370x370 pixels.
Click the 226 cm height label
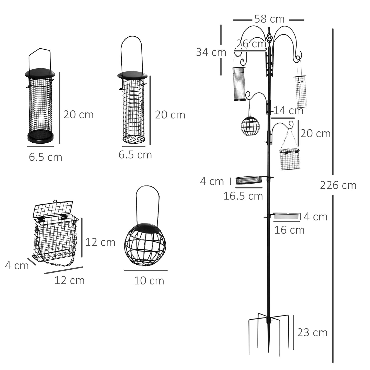(338, 185)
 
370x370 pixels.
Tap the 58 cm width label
(269, 19)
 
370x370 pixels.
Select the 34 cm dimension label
(211, 52)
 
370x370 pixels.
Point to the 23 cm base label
(312, 332)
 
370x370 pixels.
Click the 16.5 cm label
(243, 196)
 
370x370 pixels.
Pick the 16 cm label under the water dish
(289, 230)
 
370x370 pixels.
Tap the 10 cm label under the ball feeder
(149, 281)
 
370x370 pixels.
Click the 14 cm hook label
(288, 111)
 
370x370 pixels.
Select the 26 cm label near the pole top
(251, 44)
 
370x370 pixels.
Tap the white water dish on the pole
(286, 216)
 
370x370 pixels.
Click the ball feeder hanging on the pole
(250, 125)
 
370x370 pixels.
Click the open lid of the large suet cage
(53, 209)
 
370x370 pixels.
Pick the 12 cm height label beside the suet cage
(100, 242)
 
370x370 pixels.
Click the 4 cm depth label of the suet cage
(17, 266)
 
